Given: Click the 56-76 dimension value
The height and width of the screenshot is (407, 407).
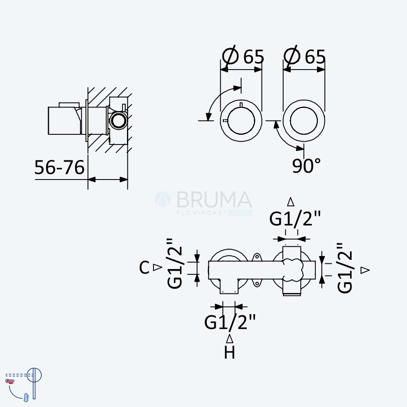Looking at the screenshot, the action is (x=59, y=167).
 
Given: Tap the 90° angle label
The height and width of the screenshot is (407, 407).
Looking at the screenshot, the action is (x=306, y=166).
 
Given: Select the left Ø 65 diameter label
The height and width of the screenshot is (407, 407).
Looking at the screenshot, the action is (x=243, y=55).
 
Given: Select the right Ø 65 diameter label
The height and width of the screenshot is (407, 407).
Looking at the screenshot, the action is (x=304, y=55).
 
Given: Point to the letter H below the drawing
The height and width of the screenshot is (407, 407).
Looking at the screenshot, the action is (x=230, y=352).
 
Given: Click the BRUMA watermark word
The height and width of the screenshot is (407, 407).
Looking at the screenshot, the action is (x=214, y=199).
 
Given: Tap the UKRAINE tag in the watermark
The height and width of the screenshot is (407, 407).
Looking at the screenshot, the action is (x=240, y=213).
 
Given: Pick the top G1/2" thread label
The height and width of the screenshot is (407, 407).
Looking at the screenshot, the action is (x=295, y=219).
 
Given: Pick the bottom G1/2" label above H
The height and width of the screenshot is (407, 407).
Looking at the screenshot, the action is (x=230, y=322).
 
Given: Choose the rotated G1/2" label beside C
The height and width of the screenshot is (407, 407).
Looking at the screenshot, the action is (x=175, y=263).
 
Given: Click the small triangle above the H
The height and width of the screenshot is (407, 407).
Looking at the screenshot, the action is (x=230, y=339).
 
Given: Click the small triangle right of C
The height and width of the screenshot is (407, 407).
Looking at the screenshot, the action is (x=157, y=267).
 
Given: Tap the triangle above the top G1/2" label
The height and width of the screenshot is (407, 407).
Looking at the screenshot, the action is (x=291, y=202).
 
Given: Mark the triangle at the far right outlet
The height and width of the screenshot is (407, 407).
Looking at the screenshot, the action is (x=365, y=270).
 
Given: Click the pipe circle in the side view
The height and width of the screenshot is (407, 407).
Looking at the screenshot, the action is (x=118, y=121).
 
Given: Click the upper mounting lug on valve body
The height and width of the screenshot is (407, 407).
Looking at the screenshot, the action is (x=257, y=257).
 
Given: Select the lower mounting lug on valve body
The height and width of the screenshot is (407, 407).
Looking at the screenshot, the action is (x=257, y=283).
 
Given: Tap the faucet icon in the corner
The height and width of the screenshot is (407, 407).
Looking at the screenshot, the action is (x=23, y=383).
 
